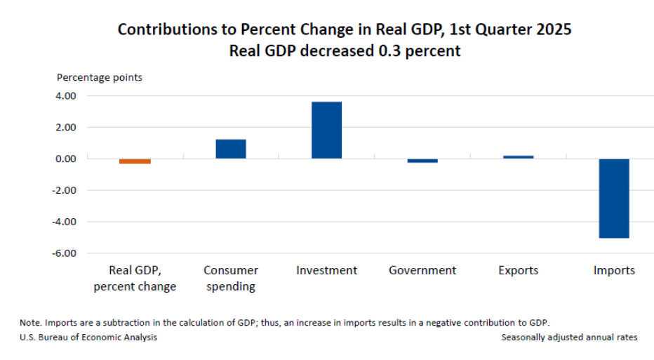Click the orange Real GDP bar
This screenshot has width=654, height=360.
point(135,161)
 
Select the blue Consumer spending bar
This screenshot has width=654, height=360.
point(230,149)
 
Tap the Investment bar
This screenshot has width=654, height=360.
point(326,131)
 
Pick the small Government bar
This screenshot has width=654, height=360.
point(422,161)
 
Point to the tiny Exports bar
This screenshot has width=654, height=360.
point(518,157)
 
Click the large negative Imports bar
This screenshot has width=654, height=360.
point(614,199)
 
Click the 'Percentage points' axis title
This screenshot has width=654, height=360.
point(100,77)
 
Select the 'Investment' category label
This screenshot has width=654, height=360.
point(326,270)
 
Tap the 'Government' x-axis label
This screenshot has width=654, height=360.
point(422,270)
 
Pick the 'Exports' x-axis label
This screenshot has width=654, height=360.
point(518,270)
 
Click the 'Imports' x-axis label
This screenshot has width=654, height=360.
point(614,270)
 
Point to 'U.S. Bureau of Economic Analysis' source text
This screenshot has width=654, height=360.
point(88,338)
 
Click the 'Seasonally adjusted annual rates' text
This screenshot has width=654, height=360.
point(569,338)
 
